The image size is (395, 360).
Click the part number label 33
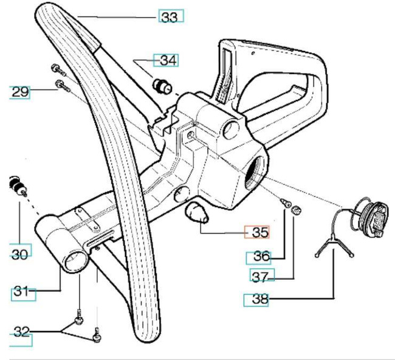pos(170,17)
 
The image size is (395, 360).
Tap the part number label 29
pos(19,92)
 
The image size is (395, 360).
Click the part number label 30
pos(19,254)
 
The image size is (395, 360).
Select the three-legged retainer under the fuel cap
pos(332,247)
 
